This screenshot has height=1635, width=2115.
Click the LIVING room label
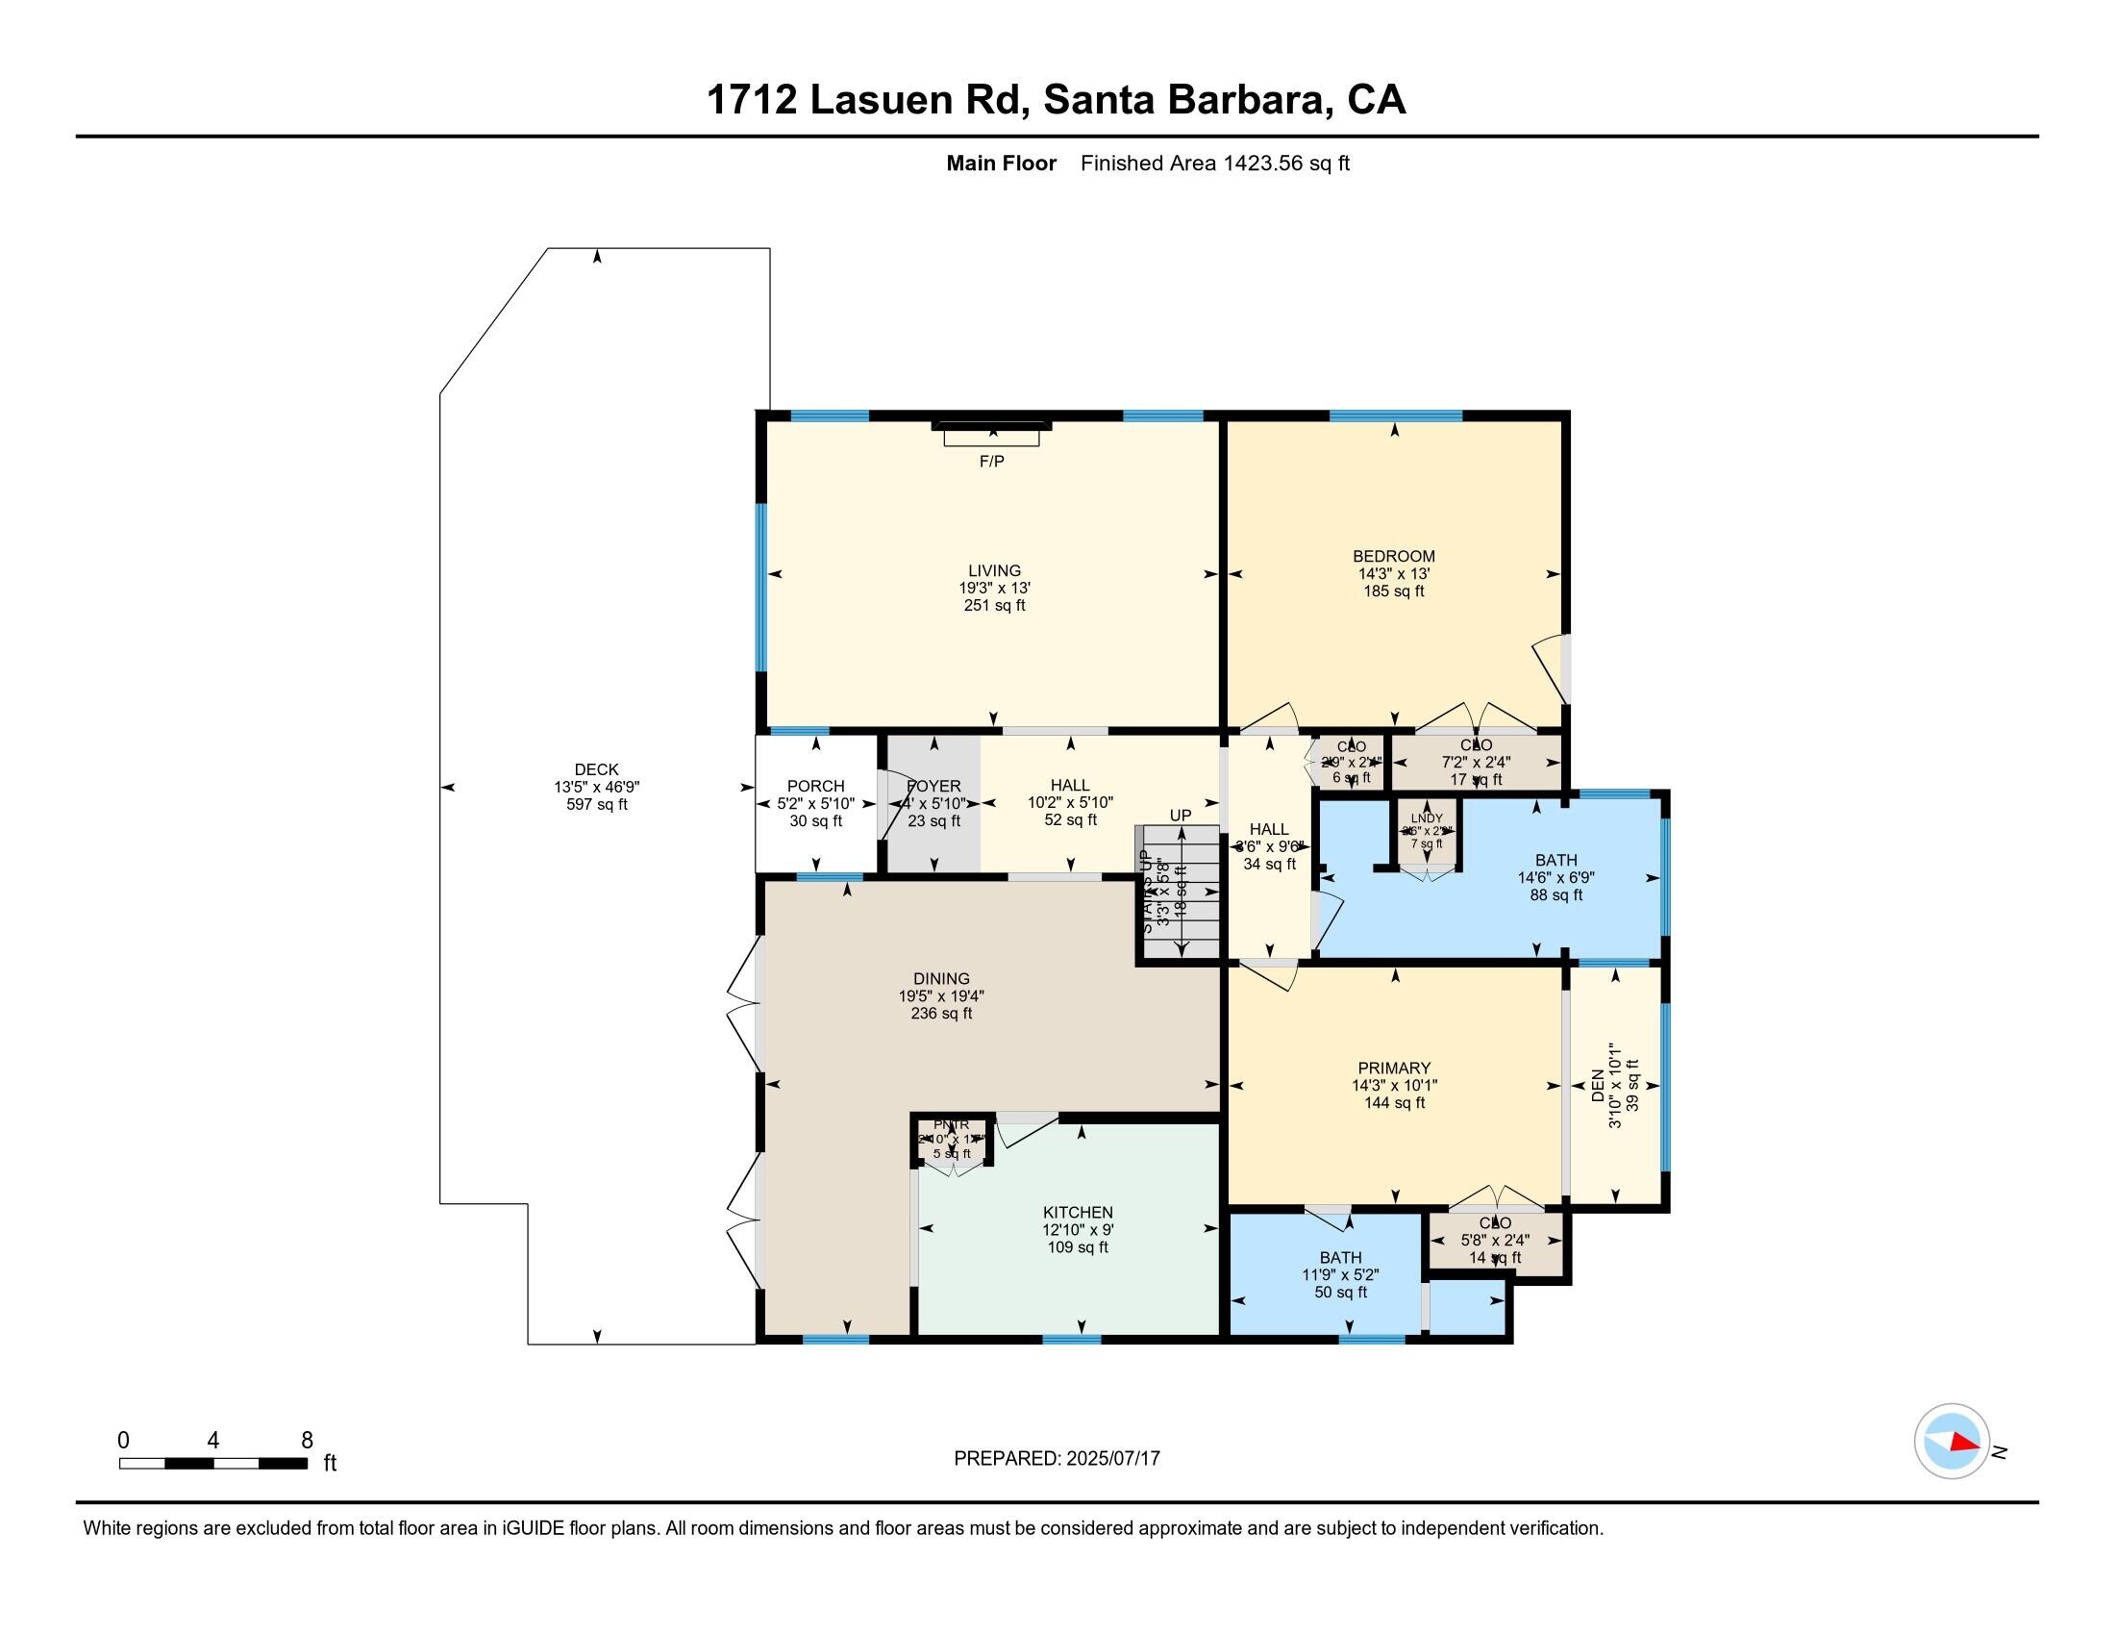tap(994, 570)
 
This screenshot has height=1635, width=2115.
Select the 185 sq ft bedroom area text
tap(1394, 591)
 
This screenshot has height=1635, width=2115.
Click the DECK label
tap(596, 770)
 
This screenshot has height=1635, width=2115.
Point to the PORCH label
tap(815, 786)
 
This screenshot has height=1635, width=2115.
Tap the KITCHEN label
tap(1077, 1212)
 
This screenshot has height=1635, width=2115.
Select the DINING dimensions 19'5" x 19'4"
tap(940, 995)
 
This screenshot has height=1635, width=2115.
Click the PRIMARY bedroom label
tap(1394, 1069)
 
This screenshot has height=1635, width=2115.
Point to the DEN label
tap(1598, 1086)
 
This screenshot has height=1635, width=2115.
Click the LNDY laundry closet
tap(1427, 832)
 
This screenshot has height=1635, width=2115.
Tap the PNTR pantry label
tap(950, 1124)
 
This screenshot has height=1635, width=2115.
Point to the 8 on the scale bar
tap(307, 1441)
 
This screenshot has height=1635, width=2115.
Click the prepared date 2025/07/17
tap(1111, 1459)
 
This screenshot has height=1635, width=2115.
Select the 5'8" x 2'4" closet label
tap(1494, 1240)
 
